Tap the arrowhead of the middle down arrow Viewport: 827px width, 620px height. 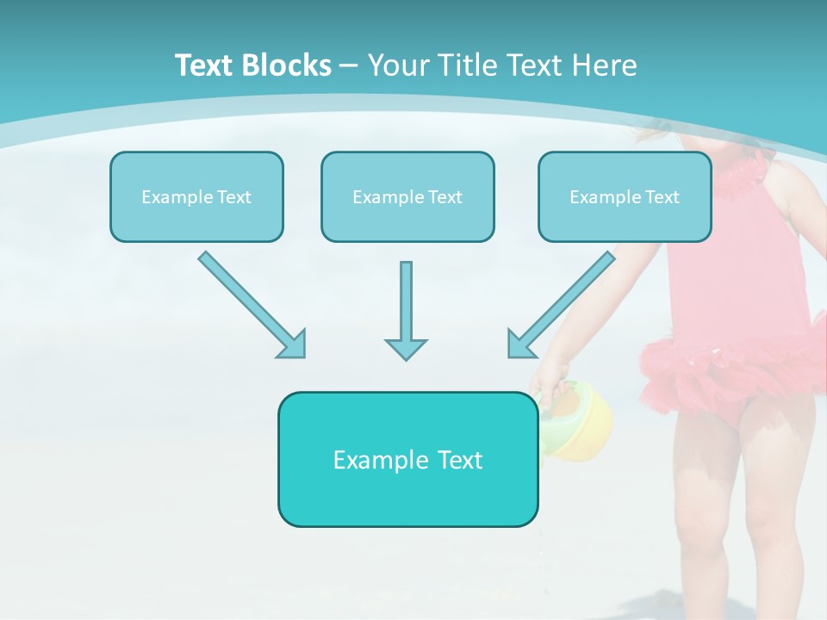[x=406, y=349]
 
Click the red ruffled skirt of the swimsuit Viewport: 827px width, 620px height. [x=732, y=370]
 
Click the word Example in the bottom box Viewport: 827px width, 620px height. [x=369, y=460]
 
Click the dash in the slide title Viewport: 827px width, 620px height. [x=349, y=65]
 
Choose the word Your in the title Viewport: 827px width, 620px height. [x=395, y=65]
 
